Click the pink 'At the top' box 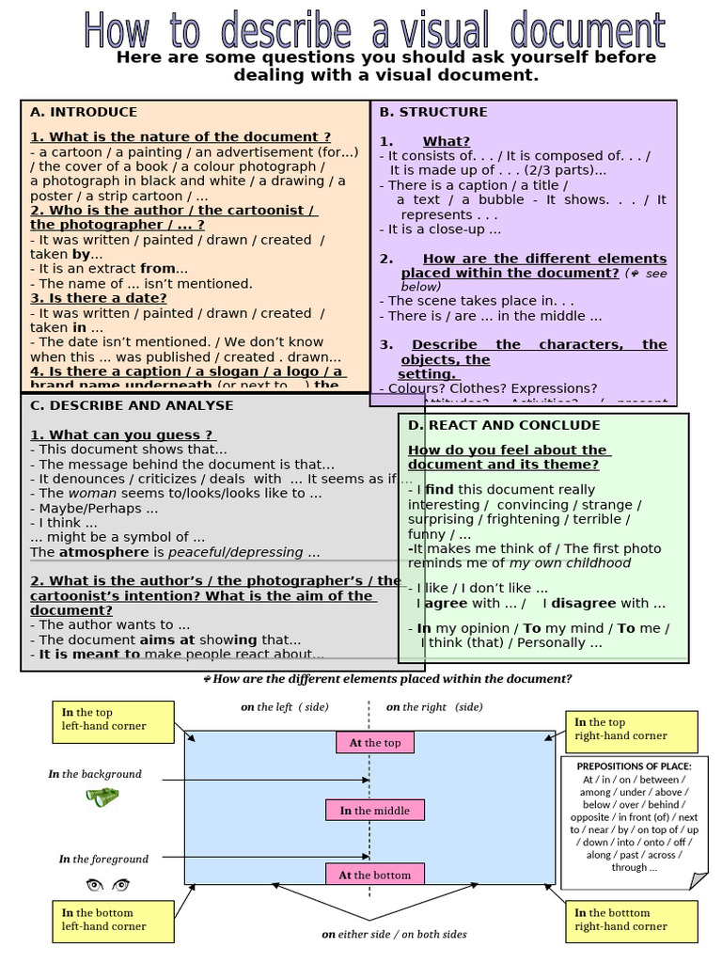pos(375,742)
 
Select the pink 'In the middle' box pos(375,810)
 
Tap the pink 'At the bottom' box pos(375,875)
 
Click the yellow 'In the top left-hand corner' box pos(112,720)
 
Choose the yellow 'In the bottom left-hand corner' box pos(112,920)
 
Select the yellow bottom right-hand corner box pos(632,920)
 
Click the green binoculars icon pos(102,797)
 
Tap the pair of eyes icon pos(107,885)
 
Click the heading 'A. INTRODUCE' pos(84,112)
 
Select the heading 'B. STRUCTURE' pos(433,112)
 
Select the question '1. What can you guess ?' pos(122,434)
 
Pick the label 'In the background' pos(95,774)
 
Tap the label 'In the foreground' pos(103,859)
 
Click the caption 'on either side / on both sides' pos(394,934)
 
